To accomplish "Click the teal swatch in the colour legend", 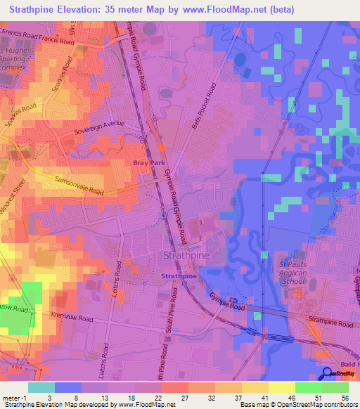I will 41,387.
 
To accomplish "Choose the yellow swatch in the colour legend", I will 281,387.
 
